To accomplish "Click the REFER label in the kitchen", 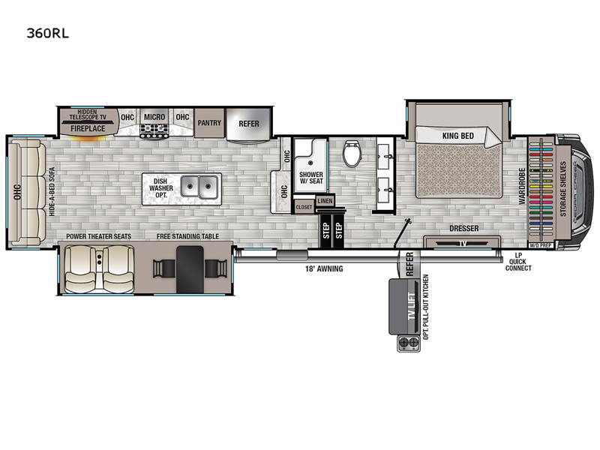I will [248, 123].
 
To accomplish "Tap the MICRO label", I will [154, 117].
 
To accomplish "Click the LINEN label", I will [325, 200].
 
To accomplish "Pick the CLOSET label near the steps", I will [304, 207].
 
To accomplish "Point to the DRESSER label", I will [463, 229].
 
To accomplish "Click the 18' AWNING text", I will [323, 268].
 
